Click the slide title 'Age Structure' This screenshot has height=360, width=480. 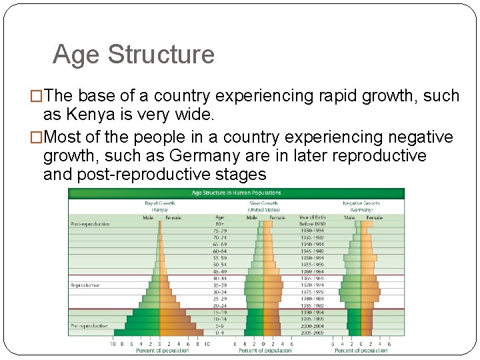[133, 55]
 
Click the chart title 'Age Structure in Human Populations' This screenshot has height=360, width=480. [236, 193]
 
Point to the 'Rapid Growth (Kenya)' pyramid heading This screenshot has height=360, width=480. [159, 206]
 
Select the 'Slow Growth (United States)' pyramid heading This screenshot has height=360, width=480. [264, 206]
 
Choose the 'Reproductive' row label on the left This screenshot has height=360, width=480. [85, 285]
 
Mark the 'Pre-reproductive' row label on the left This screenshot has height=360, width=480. [88, 325]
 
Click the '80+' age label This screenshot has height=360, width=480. [219, 224]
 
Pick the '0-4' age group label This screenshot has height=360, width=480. [219, 332]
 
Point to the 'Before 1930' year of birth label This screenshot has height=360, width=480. [311, 224]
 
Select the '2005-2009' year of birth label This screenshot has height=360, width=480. [311, 332]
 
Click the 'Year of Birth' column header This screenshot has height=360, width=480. [311, 217]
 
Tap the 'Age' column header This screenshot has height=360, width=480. [219, 217]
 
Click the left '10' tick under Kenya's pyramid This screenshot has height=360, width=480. [113, 344]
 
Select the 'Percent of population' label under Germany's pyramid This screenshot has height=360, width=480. [361, 351]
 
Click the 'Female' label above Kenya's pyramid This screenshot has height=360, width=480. [173, 217]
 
